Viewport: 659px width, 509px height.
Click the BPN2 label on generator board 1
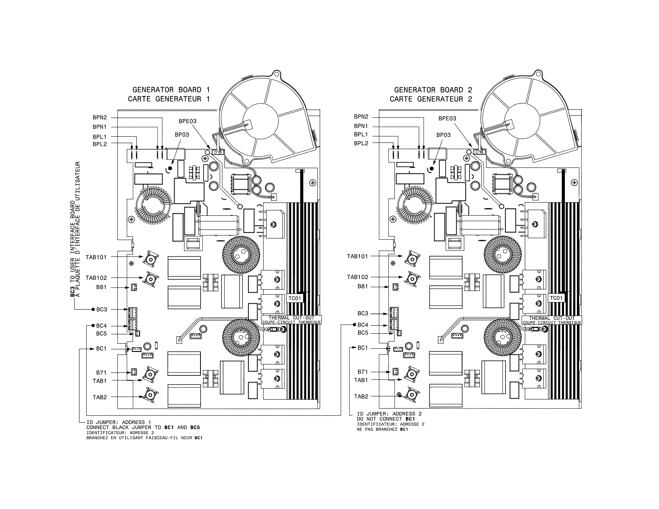[x=100, y=117]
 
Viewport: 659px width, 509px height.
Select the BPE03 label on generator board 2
[x=447, y=119]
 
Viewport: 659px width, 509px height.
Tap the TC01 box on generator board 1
[x=295, y=298]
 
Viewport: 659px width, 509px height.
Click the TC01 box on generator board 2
[x=556, y=298]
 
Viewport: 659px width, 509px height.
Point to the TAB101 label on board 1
[x=96, y=257]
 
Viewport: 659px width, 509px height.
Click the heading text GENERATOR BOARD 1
[x=171, y=90]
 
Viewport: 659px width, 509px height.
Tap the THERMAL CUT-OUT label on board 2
[x=552, y=318]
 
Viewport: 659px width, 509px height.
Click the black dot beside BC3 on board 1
[x=93, y=309]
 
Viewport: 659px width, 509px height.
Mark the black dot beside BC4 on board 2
[x=354, y=325]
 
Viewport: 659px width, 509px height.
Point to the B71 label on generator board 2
[x=363, y=372]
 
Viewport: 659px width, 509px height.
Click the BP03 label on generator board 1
[x=182, y=135]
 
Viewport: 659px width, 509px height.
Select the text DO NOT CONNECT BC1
[x=386, y=419]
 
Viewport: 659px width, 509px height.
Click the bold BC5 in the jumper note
[x=195, y=427]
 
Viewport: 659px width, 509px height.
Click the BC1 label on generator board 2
[x=363, y=348]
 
